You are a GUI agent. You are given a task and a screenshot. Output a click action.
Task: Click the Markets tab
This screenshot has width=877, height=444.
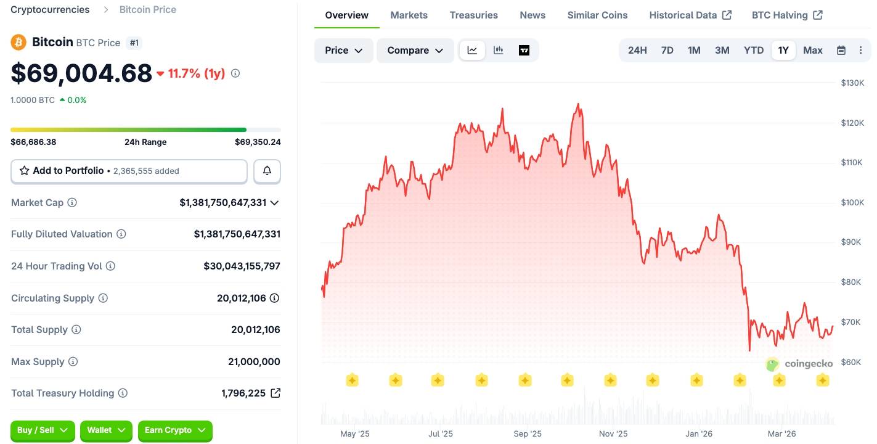click(409, 15)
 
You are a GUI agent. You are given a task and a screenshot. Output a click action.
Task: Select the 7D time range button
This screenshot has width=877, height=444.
click(667, 50)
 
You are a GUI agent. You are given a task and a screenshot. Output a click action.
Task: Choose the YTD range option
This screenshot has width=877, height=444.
click(753, 50)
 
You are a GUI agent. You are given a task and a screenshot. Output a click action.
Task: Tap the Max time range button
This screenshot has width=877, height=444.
click(812, 50)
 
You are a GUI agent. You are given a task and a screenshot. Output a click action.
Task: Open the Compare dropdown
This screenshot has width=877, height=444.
click(415, 50)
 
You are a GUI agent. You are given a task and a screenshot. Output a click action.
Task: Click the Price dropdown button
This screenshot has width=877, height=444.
click(343, 50)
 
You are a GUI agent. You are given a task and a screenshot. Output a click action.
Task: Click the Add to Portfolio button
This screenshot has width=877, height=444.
click(129, 171)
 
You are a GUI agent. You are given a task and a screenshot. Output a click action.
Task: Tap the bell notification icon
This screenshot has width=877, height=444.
click(267, 171)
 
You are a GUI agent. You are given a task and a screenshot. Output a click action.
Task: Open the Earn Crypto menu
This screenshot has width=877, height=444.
click(174, 430)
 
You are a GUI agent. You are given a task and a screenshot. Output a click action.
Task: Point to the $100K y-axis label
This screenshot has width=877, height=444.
click(852, 202)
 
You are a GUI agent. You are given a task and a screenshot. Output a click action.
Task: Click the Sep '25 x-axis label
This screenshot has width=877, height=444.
click(527, 434)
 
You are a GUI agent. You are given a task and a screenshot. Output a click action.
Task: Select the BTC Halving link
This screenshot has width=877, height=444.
click(786, 15)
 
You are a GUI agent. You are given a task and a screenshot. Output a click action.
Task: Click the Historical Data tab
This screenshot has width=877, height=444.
click(690, 15)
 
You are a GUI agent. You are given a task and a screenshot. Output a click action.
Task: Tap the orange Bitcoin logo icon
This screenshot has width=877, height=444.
click(18, 42)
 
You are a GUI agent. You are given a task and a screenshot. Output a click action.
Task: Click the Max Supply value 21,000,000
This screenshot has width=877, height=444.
click(254, 361)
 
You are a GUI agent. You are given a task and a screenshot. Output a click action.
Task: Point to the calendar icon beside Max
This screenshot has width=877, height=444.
click(841, 51)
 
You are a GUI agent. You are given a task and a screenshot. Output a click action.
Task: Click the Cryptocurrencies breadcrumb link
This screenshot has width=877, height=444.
click(50, 9)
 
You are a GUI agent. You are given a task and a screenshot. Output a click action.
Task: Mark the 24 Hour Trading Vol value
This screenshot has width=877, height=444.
click(242, 266)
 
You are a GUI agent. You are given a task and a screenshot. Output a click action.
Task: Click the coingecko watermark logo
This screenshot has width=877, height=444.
click(799, 364)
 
